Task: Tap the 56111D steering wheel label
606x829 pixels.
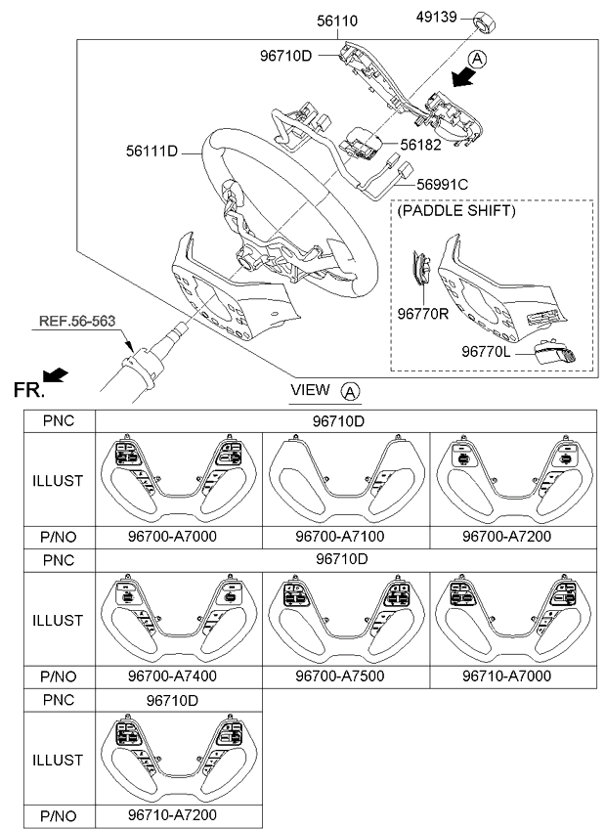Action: pyautogui.click(x=151, y=151)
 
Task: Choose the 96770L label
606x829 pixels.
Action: pyautogui.click(x=487, y=350)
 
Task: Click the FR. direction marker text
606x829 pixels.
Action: pyautogui.click(x=29, y=391)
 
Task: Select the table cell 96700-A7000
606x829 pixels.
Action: pyautogui.click(x=179, y=537)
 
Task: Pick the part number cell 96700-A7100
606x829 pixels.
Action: pyautogui.click(x=347, y=537)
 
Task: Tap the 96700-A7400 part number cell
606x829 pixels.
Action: pyautogui.click(x=179, y=676)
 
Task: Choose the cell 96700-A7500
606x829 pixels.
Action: pyautogui.click(x=347, y=676)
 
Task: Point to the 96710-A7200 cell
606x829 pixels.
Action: pyautogui.click(x=179, y=813)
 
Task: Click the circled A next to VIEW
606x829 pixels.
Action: pyautogui.click(x=350, y=391)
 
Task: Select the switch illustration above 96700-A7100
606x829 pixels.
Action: pyautogui.click(x=347, y=479)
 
